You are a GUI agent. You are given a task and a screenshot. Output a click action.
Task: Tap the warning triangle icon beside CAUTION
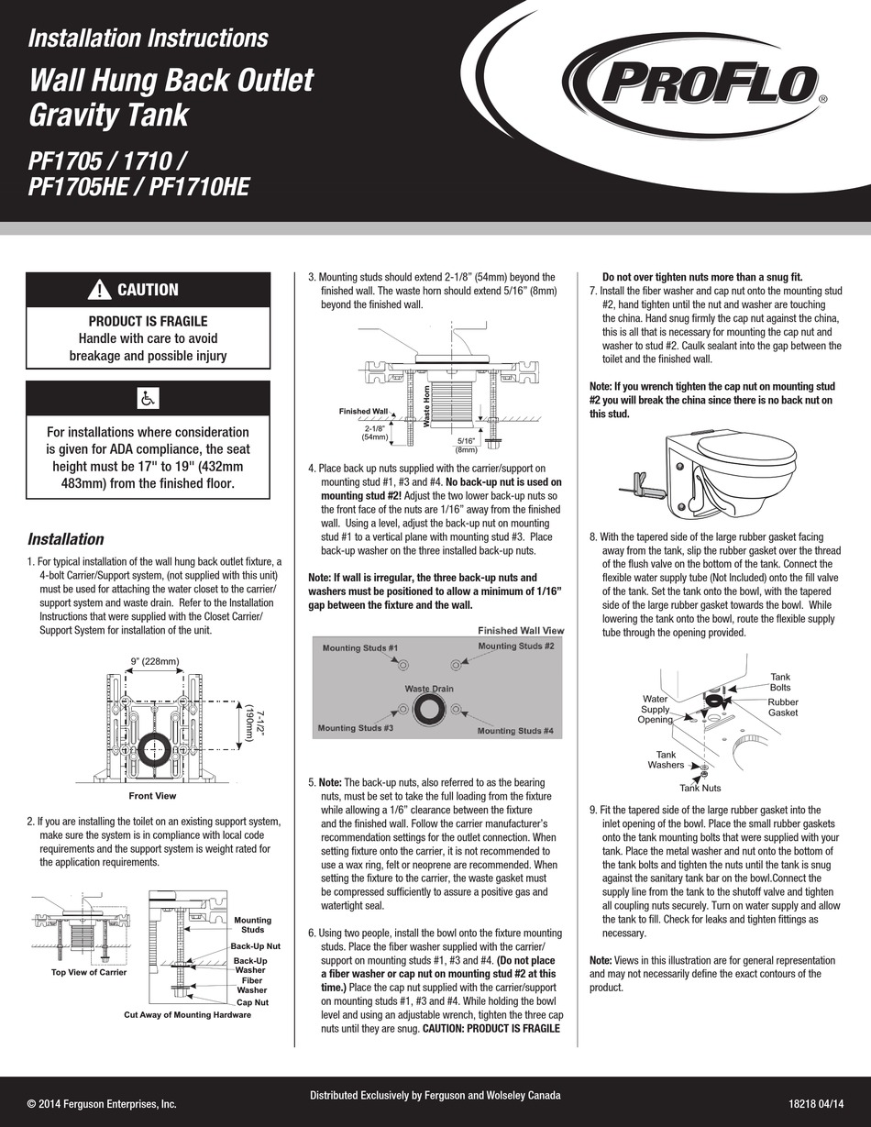click(99, 290)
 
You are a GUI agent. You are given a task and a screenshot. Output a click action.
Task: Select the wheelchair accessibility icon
click(148, 399)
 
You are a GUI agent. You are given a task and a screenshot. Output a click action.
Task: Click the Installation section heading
click(65, 539)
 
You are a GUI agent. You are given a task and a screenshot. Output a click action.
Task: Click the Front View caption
click(152, 796)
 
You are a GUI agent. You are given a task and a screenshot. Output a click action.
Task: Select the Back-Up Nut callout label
click(255, 945)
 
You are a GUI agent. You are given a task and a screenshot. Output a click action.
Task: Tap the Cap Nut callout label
click(253, 1002)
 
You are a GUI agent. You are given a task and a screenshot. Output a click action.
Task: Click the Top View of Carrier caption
click(89, 971)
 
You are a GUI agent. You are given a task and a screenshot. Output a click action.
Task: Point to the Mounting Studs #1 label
click(359, 648)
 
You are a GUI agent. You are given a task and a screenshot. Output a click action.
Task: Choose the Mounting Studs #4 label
click(515, 731)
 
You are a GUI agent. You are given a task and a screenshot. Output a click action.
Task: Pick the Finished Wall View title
click(521, 631)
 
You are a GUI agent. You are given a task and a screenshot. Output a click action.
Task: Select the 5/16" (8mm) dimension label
click(467, 445)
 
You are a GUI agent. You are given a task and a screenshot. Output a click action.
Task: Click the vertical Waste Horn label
click(427, 407)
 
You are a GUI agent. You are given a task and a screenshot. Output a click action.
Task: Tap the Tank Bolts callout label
click(780, 681)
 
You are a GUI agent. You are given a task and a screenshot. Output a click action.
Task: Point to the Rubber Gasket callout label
click(783, 707)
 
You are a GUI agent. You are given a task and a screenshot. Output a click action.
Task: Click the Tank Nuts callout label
click(700, 788)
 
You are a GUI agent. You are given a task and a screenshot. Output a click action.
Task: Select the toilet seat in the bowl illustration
click(744, 448)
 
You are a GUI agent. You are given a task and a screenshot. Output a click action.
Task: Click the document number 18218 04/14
click(815, 1105)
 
